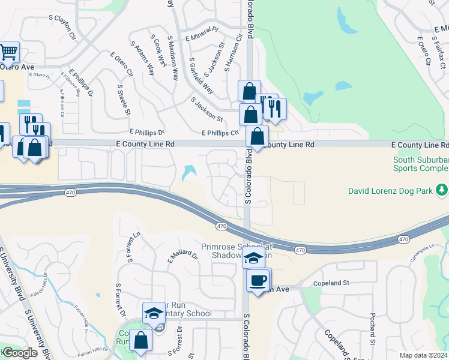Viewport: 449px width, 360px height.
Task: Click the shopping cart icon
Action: click(8, 52)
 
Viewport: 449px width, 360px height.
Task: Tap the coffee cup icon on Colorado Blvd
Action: click(258, 280)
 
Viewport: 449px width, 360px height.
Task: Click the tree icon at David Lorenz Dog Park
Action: click(442, 191)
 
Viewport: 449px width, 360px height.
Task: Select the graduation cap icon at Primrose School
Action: click(253, 259)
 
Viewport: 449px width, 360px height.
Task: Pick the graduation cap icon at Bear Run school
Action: click(154, 313)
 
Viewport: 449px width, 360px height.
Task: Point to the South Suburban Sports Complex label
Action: click(421, 164)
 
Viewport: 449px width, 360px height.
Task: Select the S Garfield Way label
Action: click(201, 76)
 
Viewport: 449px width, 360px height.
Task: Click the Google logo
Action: click(20, 353)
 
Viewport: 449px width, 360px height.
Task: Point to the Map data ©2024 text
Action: click(423, 355)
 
